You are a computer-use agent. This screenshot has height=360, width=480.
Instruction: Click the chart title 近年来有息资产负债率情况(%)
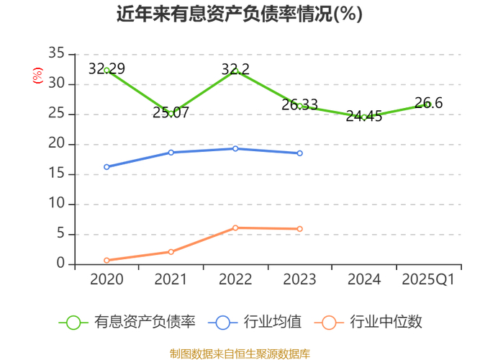pos(240,14)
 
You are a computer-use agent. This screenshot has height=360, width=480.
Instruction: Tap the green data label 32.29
pos(107,69)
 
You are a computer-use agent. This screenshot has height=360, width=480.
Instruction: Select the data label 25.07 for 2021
pos(171,112)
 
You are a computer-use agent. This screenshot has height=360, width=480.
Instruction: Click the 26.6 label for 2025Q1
pos(428,103)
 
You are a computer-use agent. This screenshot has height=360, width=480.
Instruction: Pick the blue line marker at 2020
pos(107,167)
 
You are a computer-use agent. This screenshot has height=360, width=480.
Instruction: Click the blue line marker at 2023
pos(299,153)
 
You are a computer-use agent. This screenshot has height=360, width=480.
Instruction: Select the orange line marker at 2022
pos(235,228)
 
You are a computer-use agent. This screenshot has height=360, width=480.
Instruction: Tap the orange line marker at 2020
pos(107,261)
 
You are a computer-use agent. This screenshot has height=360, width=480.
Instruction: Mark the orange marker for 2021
pos(171,252)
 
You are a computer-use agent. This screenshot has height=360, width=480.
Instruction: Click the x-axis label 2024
pos(364,279)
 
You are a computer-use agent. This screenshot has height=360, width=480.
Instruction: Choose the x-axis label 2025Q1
pos(428,279)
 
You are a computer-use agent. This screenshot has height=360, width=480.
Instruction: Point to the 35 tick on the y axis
pos(56,54)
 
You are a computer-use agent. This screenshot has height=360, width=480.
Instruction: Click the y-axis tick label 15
pos(56,174)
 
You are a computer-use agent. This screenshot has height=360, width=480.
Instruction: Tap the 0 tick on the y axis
pos(60,264)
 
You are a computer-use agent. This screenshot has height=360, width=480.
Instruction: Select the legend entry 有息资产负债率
pos(127,323)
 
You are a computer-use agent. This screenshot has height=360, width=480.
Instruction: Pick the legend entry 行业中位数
pos(371,323)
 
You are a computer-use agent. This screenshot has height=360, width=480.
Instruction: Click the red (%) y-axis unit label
pos(37,75)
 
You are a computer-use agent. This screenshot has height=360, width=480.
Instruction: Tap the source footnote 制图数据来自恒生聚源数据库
pos(240,353)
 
